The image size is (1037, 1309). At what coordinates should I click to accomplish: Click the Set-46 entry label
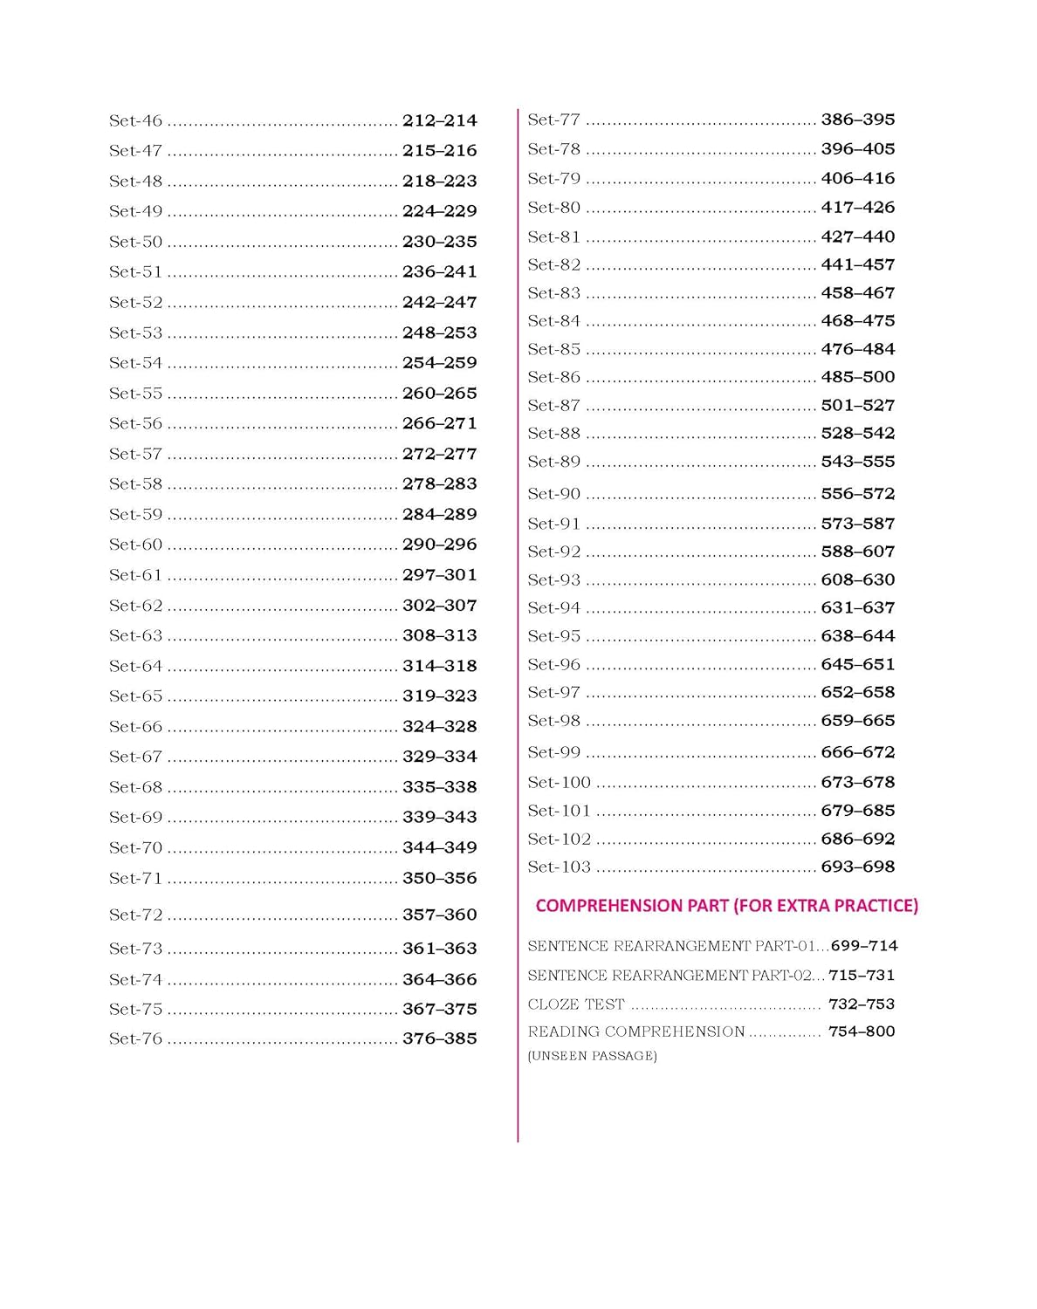click(x=135, y=121)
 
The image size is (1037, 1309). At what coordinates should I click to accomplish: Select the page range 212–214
click(x=439, y=121)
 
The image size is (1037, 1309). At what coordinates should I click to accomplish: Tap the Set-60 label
click(x=135, y=545)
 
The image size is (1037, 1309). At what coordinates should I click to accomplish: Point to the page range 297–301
click(x=439, y=575)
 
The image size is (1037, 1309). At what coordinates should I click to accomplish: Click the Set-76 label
click(x=135, y=1039)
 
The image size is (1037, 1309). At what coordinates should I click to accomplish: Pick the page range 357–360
click(x=439, y=915)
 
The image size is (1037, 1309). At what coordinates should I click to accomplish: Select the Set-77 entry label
click(x=553, y=120)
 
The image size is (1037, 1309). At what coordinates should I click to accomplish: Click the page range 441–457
click(x=857, y=264)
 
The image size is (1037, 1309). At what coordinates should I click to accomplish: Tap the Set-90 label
click(x=553, y=494)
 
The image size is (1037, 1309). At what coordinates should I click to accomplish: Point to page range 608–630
click(x=857, y=579)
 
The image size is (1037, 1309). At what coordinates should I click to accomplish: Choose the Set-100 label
click(x=559, y=783)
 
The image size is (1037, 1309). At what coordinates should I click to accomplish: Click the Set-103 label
click(x=559, y=867)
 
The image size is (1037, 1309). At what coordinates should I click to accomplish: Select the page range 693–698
click(x=857, y=867)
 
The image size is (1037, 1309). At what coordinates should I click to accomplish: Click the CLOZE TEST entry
click(x=576, y=1004)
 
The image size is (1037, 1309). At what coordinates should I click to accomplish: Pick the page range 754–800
click(x=861, y=1031)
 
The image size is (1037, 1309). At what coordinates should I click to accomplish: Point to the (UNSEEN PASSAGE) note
click(x=592, y=1056)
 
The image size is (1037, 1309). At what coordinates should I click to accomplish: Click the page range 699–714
click(x=863, y=946)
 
